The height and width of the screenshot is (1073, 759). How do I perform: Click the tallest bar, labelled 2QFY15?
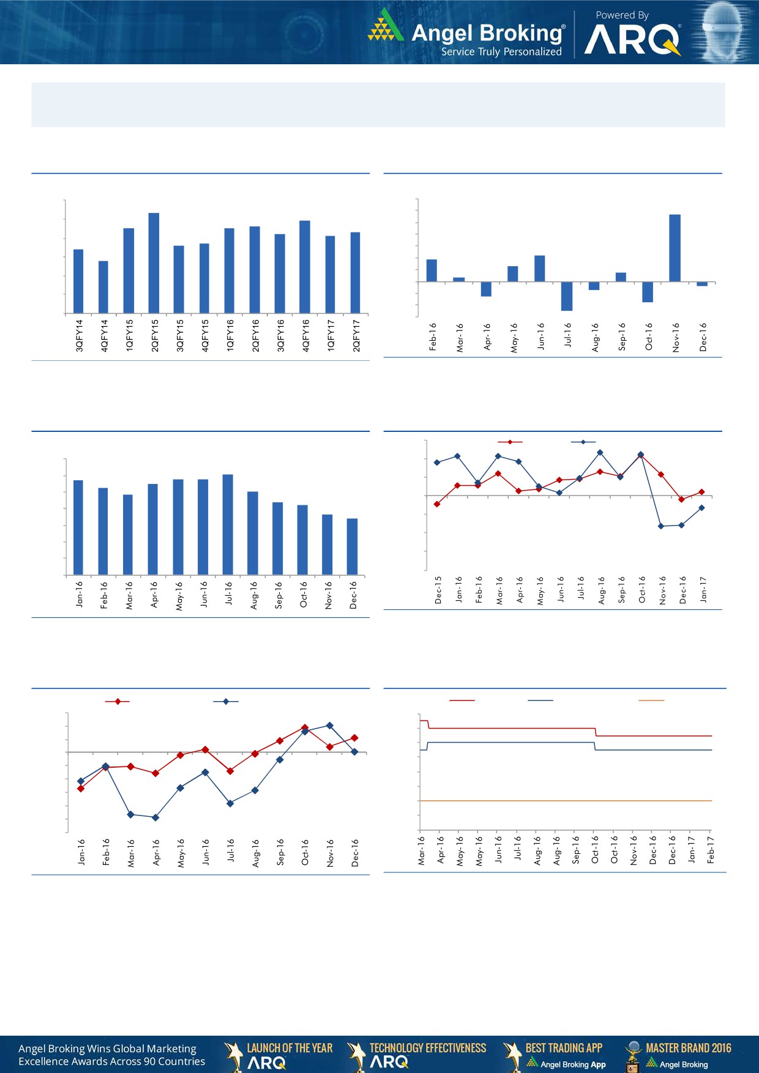tap(154, 263)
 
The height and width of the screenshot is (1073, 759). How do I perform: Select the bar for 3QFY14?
tap(78, 281)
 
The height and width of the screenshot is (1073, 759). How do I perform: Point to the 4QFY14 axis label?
tap(104, 335)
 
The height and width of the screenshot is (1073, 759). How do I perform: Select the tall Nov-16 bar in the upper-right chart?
tap(675, 248)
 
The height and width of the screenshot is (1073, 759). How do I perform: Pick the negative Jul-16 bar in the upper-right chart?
tap(567, 296)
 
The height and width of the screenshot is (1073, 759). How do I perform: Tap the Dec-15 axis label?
tap(438, 590)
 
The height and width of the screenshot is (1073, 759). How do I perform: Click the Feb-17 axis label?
tap(711, 850)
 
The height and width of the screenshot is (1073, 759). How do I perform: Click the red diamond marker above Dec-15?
tap(437, 504)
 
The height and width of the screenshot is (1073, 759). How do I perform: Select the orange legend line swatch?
tap(651, 700)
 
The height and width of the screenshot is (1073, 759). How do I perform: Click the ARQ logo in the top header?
tap(632, 41)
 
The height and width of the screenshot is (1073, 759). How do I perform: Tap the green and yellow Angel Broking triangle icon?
tap(385, 26)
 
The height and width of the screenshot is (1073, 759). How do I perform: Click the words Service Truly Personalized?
tap(501, 52)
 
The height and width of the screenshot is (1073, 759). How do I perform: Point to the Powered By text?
tap(622, 15)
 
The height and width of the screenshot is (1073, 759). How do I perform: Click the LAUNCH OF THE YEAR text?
tap(290, 1048)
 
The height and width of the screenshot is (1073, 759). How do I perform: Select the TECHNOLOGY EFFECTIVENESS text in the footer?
tap(428, 1048)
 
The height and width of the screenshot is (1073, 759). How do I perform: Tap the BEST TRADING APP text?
tap(564, 1048)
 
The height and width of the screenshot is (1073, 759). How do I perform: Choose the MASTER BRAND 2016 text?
tap(688, 1048)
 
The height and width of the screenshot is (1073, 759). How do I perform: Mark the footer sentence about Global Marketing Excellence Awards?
tap(111, 1055)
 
